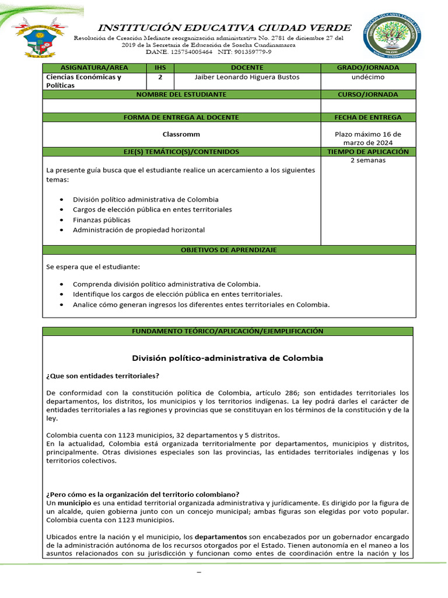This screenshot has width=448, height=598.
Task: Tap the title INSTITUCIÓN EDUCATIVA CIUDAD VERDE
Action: (x=224, y=27)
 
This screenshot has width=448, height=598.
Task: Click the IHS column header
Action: (x=160, y=68)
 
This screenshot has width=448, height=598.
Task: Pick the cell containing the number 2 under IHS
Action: (x=160, y=77)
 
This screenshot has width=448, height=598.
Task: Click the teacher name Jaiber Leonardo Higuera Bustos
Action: (x=247, y=77)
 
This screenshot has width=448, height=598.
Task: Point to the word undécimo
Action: (x=368, y=77)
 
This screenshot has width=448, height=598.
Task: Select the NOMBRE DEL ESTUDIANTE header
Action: (x=181, y=94)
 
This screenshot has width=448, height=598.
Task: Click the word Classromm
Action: (x=181, y=134)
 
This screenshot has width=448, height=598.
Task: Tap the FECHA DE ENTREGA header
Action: (x=368, y=117)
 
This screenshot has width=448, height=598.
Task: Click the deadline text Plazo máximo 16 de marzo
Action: (x=368, y=138)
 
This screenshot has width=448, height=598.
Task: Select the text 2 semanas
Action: (x=368, y=160)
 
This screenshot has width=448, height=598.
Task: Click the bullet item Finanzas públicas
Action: (x=101, y=220)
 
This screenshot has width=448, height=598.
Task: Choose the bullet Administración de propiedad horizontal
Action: (x=139, y=230)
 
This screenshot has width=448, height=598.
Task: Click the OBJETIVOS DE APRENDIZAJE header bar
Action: (x=229, y=250)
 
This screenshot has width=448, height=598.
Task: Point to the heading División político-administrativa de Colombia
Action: (x=228, y=357)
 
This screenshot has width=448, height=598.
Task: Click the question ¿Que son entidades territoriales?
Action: (x=103, y=375)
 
